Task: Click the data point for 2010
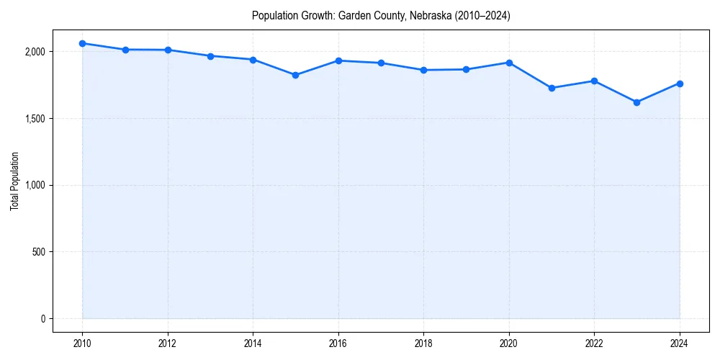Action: click(83, 43)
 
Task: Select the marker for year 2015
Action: click(296, 75)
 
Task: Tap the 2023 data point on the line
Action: click(636, 102)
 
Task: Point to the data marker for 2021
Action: click(552, 88)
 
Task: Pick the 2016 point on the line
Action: click(338, 60)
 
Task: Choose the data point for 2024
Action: click(680, 84)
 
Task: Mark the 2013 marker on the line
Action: click(210, 55)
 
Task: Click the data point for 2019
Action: click(467, 69)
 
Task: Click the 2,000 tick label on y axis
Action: click(33, 52)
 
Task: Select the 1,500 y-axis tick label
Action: click(33, 119)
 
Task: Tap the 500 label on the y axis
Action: click(37, 252)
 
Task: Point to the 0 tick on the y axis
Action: click(42, 319)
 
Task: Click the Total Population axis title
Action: click(14, 185)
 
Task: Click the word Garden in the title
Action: click(353, 16)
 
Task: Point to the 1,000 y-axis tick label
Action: click(33, 185)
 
